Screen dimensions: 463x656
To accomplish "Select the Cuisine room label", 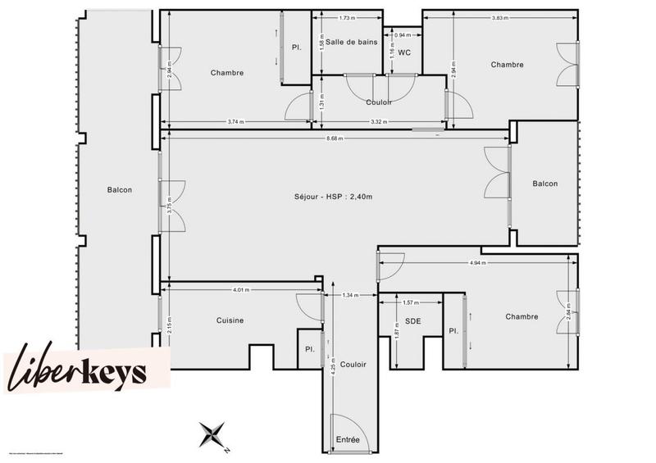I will [x=230, y=320].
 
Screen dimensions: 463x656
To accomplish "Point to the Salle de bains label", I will [x=351, y=42].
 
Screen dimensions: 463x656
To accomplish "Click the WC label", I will [x=404, y=52].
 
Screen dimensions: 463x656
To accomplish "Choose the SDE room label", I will [x=413, y=321].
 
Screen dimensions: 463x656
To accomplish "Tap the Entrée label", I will [x=348, y=441].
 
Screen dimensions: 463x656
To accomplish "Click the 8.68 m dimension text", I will [x=335, y=138].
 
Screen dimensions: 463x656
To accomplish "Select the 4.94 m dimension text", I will [x=478, y=263].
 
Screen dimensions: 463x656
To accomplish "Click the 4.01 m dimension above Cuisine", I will [x=240, y=289].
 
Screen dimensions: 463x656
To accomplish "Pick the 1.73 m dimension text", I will [x=347, y=18].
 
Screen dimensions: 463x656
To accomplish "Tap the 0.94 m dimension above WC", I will [x=402, y=35].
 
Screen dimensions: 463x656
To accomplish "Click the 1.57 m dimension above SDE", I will [x=411, y=302].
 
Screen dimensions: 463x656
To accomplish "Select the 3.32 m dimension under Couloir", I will [x=379, y=123].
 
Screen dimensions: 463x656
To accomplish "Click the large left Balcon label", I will [x=119, y=190].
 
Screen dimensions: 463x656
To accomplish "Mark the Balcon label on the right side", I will [x=544, y=184].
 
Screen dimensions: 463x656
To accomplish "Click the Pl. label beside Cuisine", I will [x=310, y=348].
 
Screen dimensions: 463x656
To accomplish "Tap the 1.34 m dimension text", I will [x=350, y=295].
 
